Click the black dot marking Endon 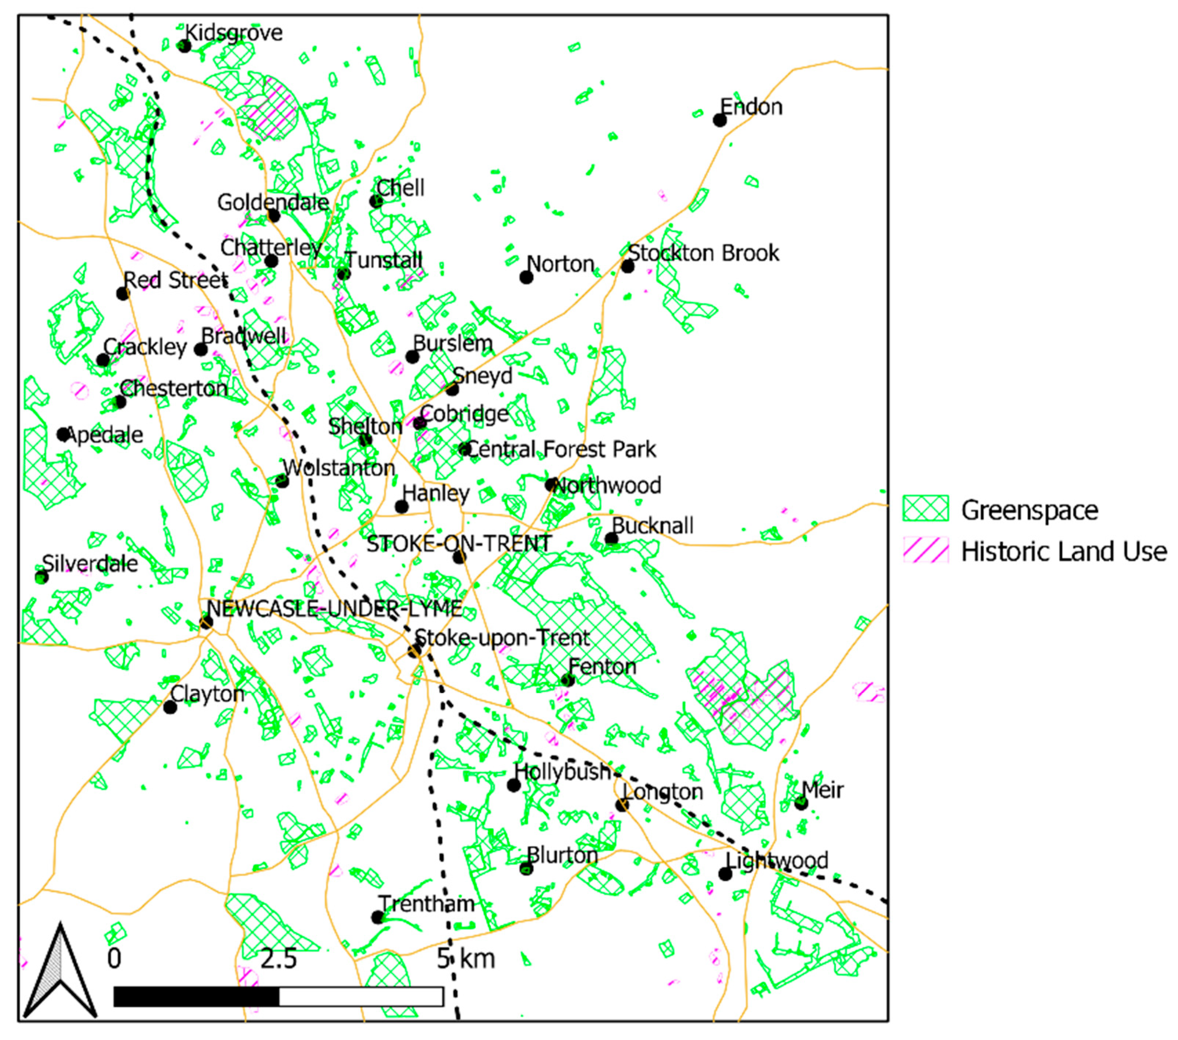click(x=719, y=120)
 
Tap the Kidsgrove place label click(x=234, y=33)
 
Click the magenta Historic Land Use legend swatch click(x=925, y=550)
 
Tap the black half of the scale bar click(x=196, y=997)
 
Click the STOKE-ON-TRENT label click(x=459, y=544)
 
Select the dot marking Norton click(x=525, y=277)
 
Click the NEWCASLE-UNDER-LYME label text click(x=334, y=608)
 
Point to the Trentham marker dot click(x=377, y=917)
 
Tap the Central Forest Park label click(x=560, y=449)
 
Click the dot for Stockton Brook click(x=628, y=266)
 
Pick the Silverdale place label click(x=90, y=563)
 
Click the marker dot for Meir click(x=801, y=803)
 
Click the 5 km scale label click(x=466, y=959)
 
